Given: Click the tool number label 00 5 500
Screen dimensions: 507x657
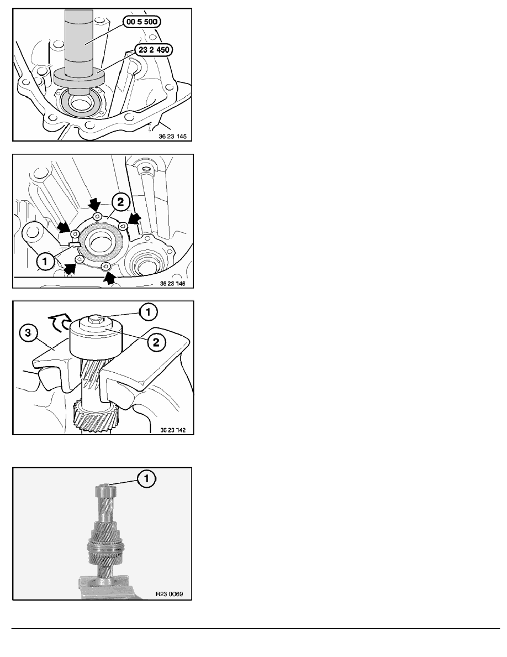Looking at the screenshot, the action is tap(142, 22).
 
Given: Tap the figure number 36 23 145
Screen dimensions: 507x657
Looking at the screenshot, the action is tap(173, 136).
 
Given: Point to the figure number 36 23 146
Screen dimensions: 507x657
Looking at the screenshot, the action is tap(173, 284).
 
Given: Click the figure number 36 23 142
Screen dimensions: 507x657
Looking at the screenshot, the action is tap(173, 430).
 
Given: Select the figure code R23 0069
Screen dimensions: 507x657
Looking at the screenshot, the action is tap(169, 594).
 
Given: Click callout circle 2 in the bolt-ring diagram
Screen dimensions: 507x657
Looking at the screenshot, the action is tap(120, 202).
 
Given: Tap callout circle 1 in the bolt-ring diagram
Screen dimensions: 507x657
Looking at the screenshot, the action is tap(45, 262).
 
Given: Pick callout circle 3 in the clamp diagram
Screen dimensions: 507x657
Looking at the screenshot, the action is tap(28, 333).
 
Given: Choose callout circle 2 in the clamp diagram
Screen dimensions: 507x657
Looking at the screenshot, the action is tap(156, 342).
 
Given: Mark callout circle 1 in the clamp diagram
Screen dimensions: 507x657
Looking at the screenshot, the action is tap(148, 312).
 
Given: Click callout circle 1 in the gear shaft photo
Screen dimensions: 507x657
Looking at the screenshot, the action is tap(146, 478).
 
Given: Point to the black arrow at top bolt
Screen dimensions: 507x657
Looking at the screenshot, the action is tap(96, 205).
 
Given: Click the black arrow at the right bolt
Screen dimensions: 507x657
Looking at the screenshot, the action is tap(134, 218).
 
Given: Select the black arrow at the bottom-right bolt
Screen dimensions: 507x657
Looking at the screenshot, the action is tap(109, 278).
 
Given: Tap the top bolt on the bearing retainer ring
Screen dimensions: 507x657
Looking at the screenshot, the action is tap(97, 216).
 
